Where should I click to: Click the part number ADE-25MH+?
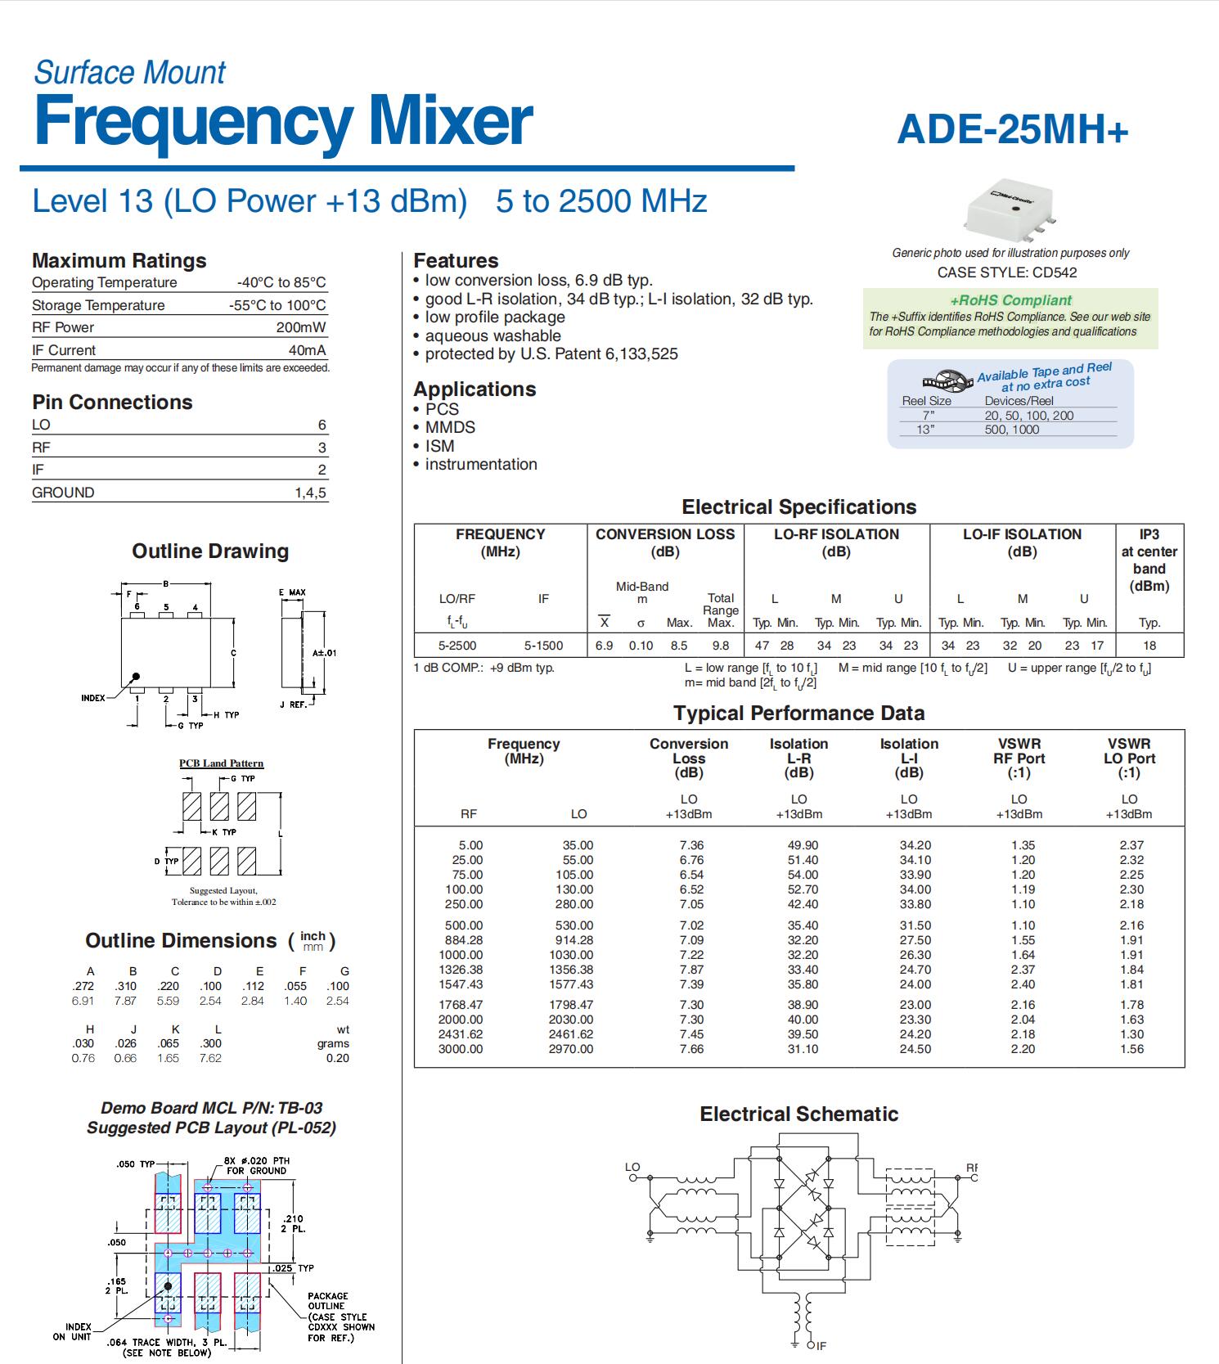pos(1012,130)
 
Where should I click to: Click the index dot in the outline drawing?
pos(136,677)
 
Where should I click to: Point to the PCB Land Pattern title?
pos(222,763)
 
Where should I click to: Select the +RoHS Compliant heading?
pos(1010,300)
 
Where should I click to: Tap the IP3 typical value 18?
pos(1149,646)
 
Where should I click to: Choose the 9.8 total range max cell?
pos(720,646)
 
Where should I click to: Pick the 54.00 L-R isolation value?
pos(802,875)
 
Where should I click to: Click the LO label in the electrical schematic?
pos(632,1168)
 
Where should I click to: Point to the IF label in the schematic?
pos(821,1345)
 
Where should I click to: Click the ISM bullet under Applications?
pos(439,446)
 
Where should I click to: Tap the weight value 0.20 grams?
pos(337,1058)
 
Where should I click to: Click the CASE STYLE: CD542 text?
pos(1007,272)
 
